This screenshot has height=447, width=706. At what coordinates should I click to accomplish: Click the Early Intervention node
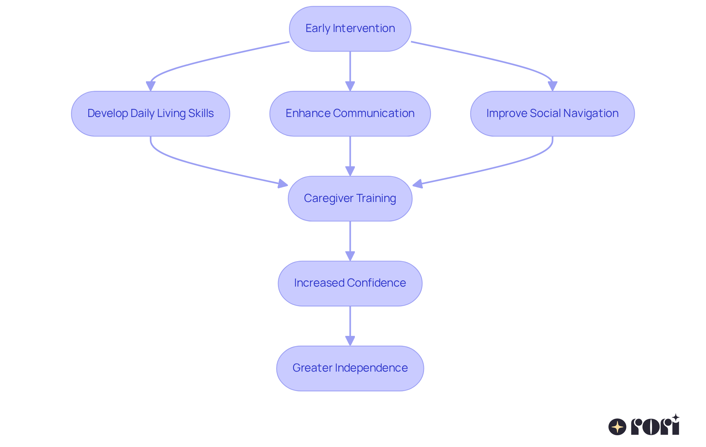pos(350,29)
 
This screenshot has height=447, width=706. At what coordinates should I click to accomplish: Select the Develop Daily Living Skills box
pos(150,114)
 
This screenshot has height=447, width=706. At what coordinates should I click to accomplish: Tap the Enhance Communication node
pos(350,114)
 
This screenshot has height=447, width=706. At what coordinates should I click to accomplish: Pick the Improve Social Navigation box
pos(552,114)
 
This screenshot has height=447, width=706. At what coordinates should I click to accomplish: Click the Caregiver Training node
pos(350,199)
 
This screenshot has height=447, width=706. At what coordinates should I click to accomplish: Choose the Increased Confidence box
pos(350,283)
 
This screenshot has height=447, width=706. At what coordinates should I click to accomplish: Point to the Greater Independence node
pos(350,368)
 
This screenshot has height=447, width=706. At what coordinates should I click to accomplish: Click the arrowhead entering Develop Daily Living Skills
pos(150,86)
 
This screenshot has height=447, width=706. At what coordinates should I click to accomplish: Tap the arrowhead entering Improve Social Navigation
pos(552,86)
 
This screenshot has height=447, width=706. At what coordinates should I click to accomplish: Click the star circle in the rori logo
pos(617,427)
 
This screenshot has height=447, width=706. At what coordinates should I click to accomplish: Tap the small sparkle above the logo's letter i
pos(675,418)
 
